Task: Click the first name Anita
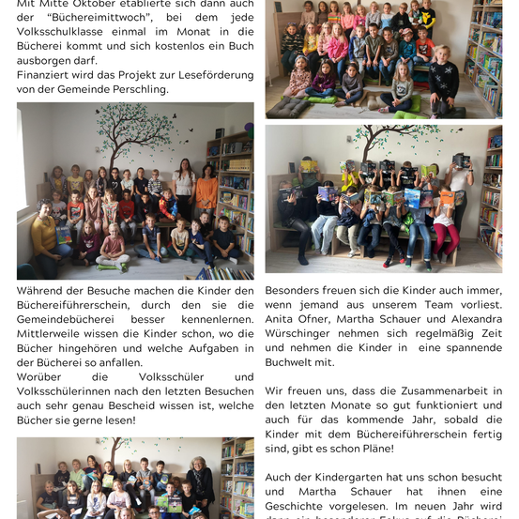pyautogui.click(x=282, y=320)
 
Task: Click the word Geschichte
pyautogui.click(x=299, y=507)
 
